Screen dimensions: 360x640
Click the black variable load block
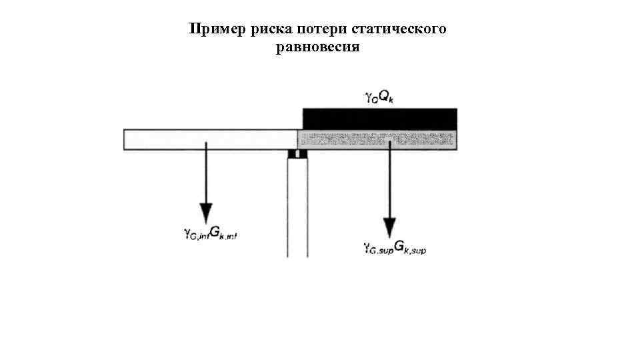pyautogui.click(x=380, y=118)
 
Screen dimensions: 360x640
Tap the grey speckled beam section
pyautogui.click(x=347, y=139)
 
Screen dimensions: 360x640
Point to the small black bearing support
pyautogui.click(x=297, y=154)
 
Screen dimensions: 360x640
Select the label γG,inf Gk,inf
pyautogui.click(x=210, y=233)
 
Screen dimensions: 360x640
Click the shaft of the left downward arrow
pyautogui.click(x=205, y=173)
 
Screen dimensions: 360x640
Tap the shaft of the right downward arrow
pyautogui.click(x=389, y=180)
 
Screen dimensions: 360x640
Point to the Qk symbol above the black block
pyautogui.click(x=387, y=97)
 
